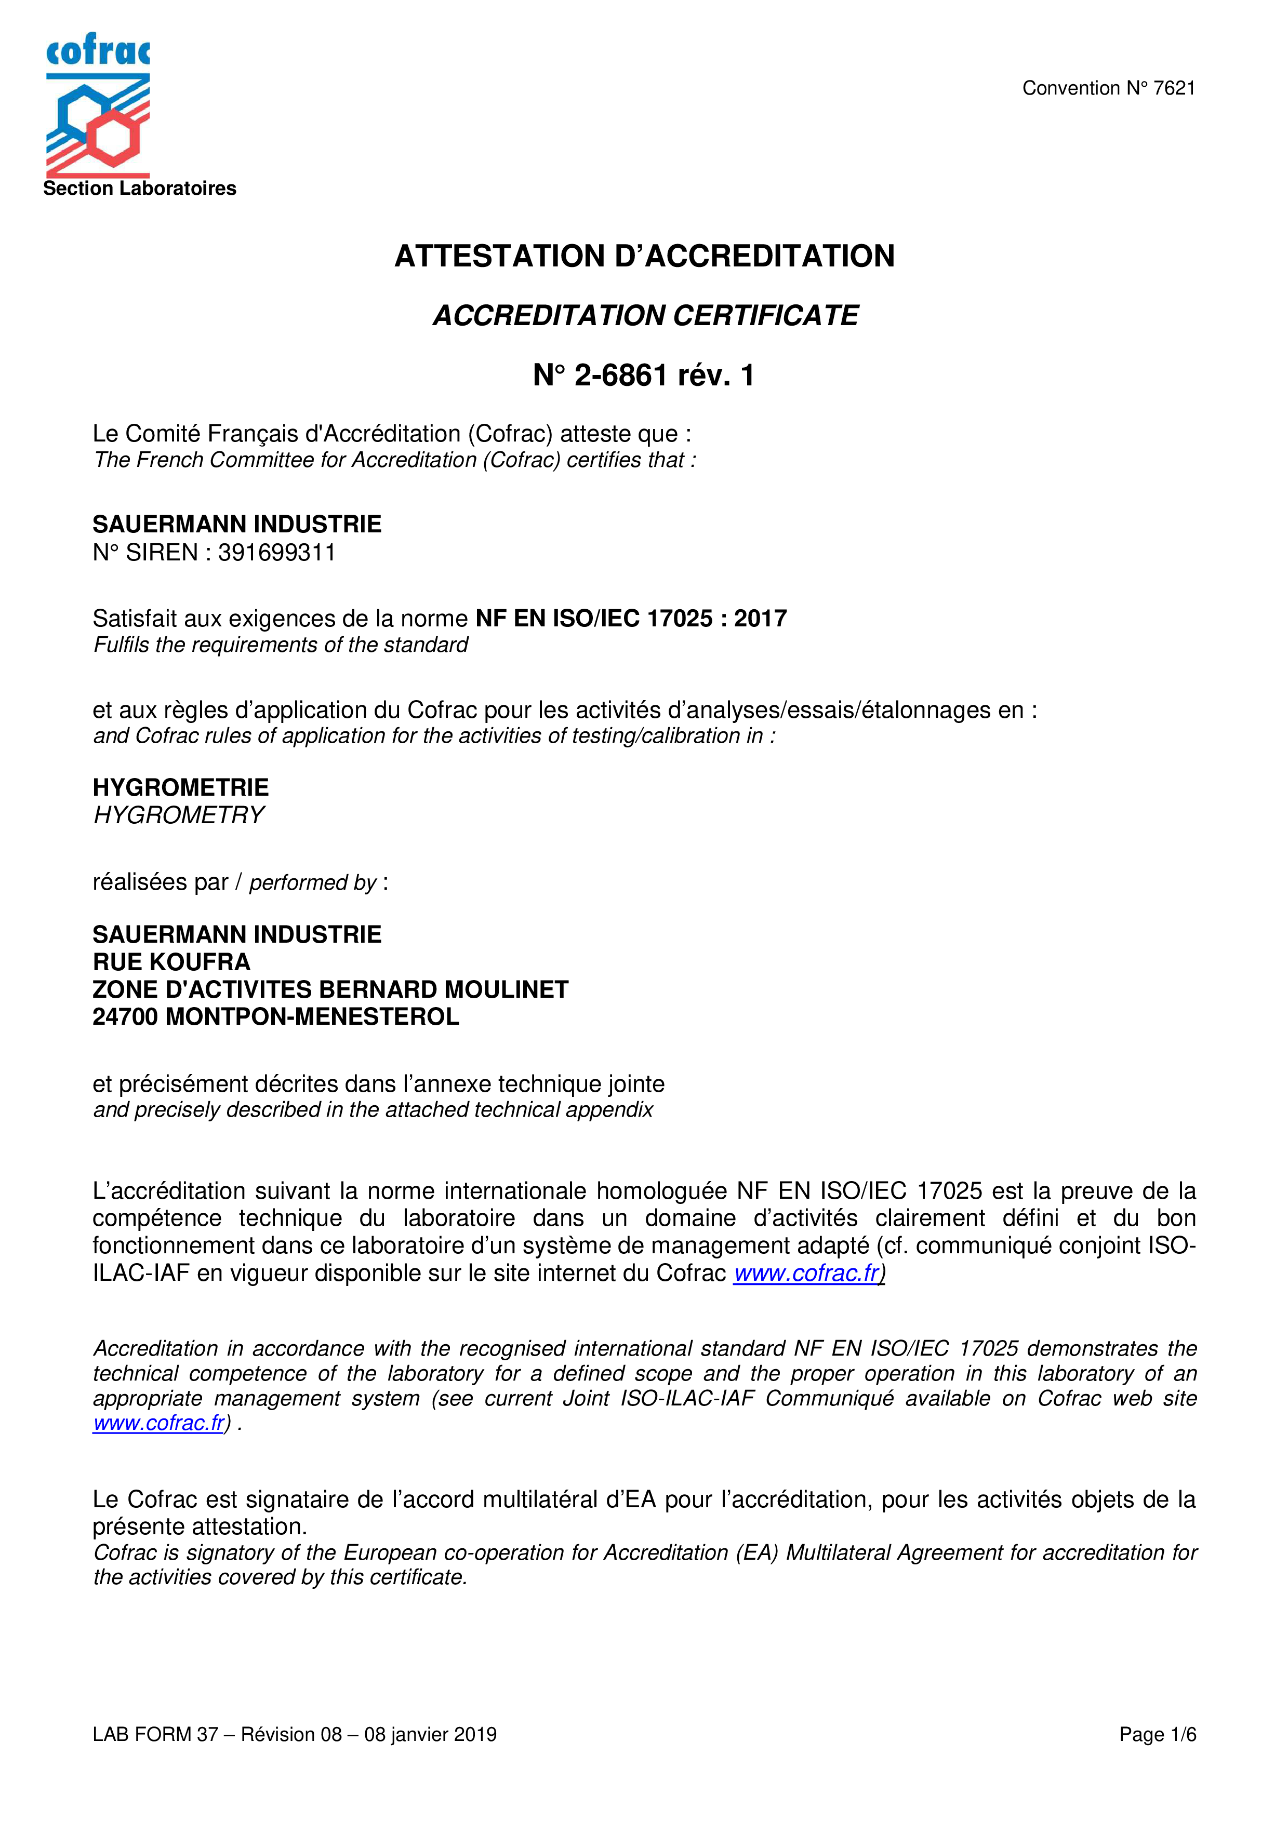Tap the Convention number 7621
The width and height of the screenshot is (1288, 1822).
click(1174, 88)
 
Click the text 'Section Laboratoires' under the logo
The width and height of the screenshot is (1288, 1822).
click(140, 188)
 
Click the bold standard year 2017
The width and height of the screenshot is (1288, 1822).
click(760, 618)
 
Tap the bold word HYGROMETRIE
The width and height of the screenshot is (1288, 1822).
click(181, 787)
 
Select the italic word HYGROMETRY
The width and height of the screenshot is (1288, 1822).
click(179, 815)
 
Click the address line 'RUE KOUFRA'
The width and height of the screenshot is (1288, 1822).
click(171, 962)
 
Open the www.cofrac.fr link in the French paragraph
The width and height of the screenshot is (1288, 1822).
click(806, 1273)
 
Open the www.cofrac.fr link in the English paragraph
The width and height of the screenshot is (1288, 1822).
click(158, 1423)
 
